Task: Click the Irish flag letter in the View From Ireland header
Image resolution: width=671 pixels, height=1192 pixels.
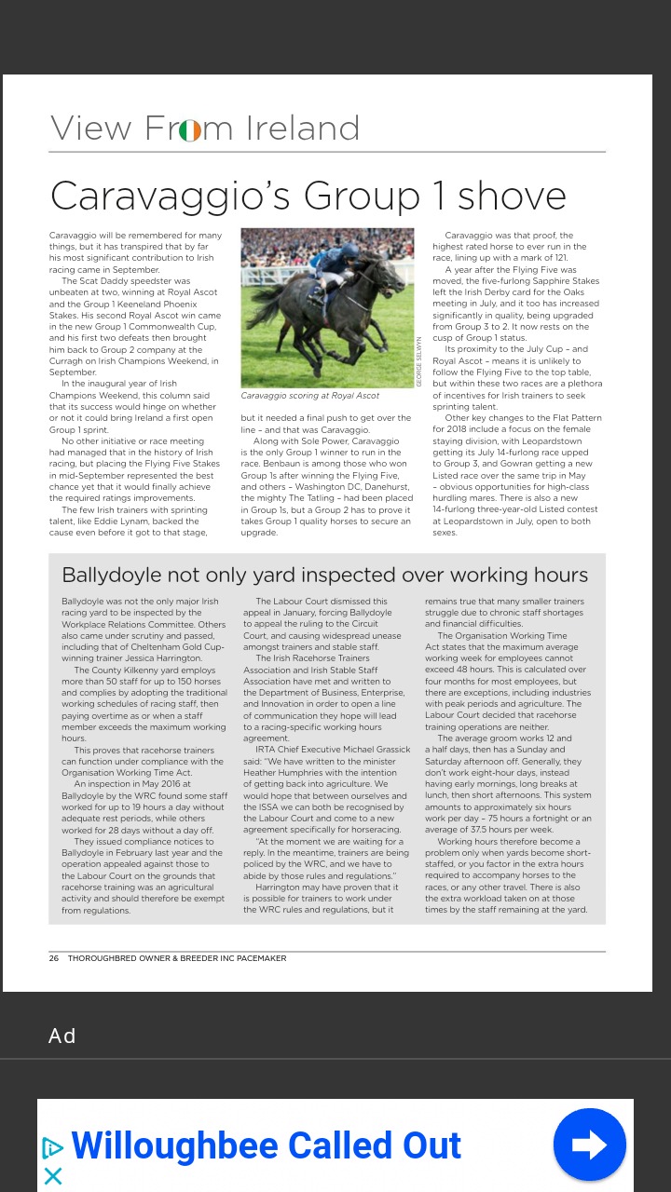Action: (x=190, y=129)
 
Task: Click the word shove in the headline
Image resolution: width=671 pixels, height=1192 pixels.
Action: (x=512, y=196)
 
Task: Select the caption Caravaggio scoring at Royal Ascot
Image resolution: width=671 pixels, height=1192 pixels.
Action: (x=309, y=396)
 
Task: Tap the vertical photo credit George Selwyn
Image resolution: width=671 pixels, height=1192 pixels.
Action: (x=419, y=361)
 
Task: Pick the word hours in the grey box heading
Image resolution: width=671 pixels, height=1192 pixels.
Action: (x=558, y=575)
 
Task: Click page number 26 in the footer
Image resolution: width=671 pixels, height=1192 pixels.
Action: (x=54, y=958)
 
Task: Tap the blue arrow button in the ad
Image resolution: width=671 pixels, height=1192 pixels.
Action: (x=589, y=1145)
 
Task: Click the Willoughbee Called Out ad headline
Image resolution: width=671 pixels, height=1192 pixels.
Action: (x=267, y=1145)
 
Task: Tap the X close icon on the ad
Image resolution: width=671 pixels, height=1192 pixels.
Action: (x=53, y=1176)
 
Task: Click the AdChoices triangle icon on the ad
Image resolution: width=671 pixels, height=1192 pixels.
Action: (x=53, y=1148)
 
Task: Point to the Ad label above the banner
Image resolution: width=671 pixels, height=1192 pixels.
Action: (x=62, y=1036)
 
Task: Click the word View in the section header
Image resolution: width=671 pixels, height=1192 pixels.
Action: (x=90, y=129)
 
